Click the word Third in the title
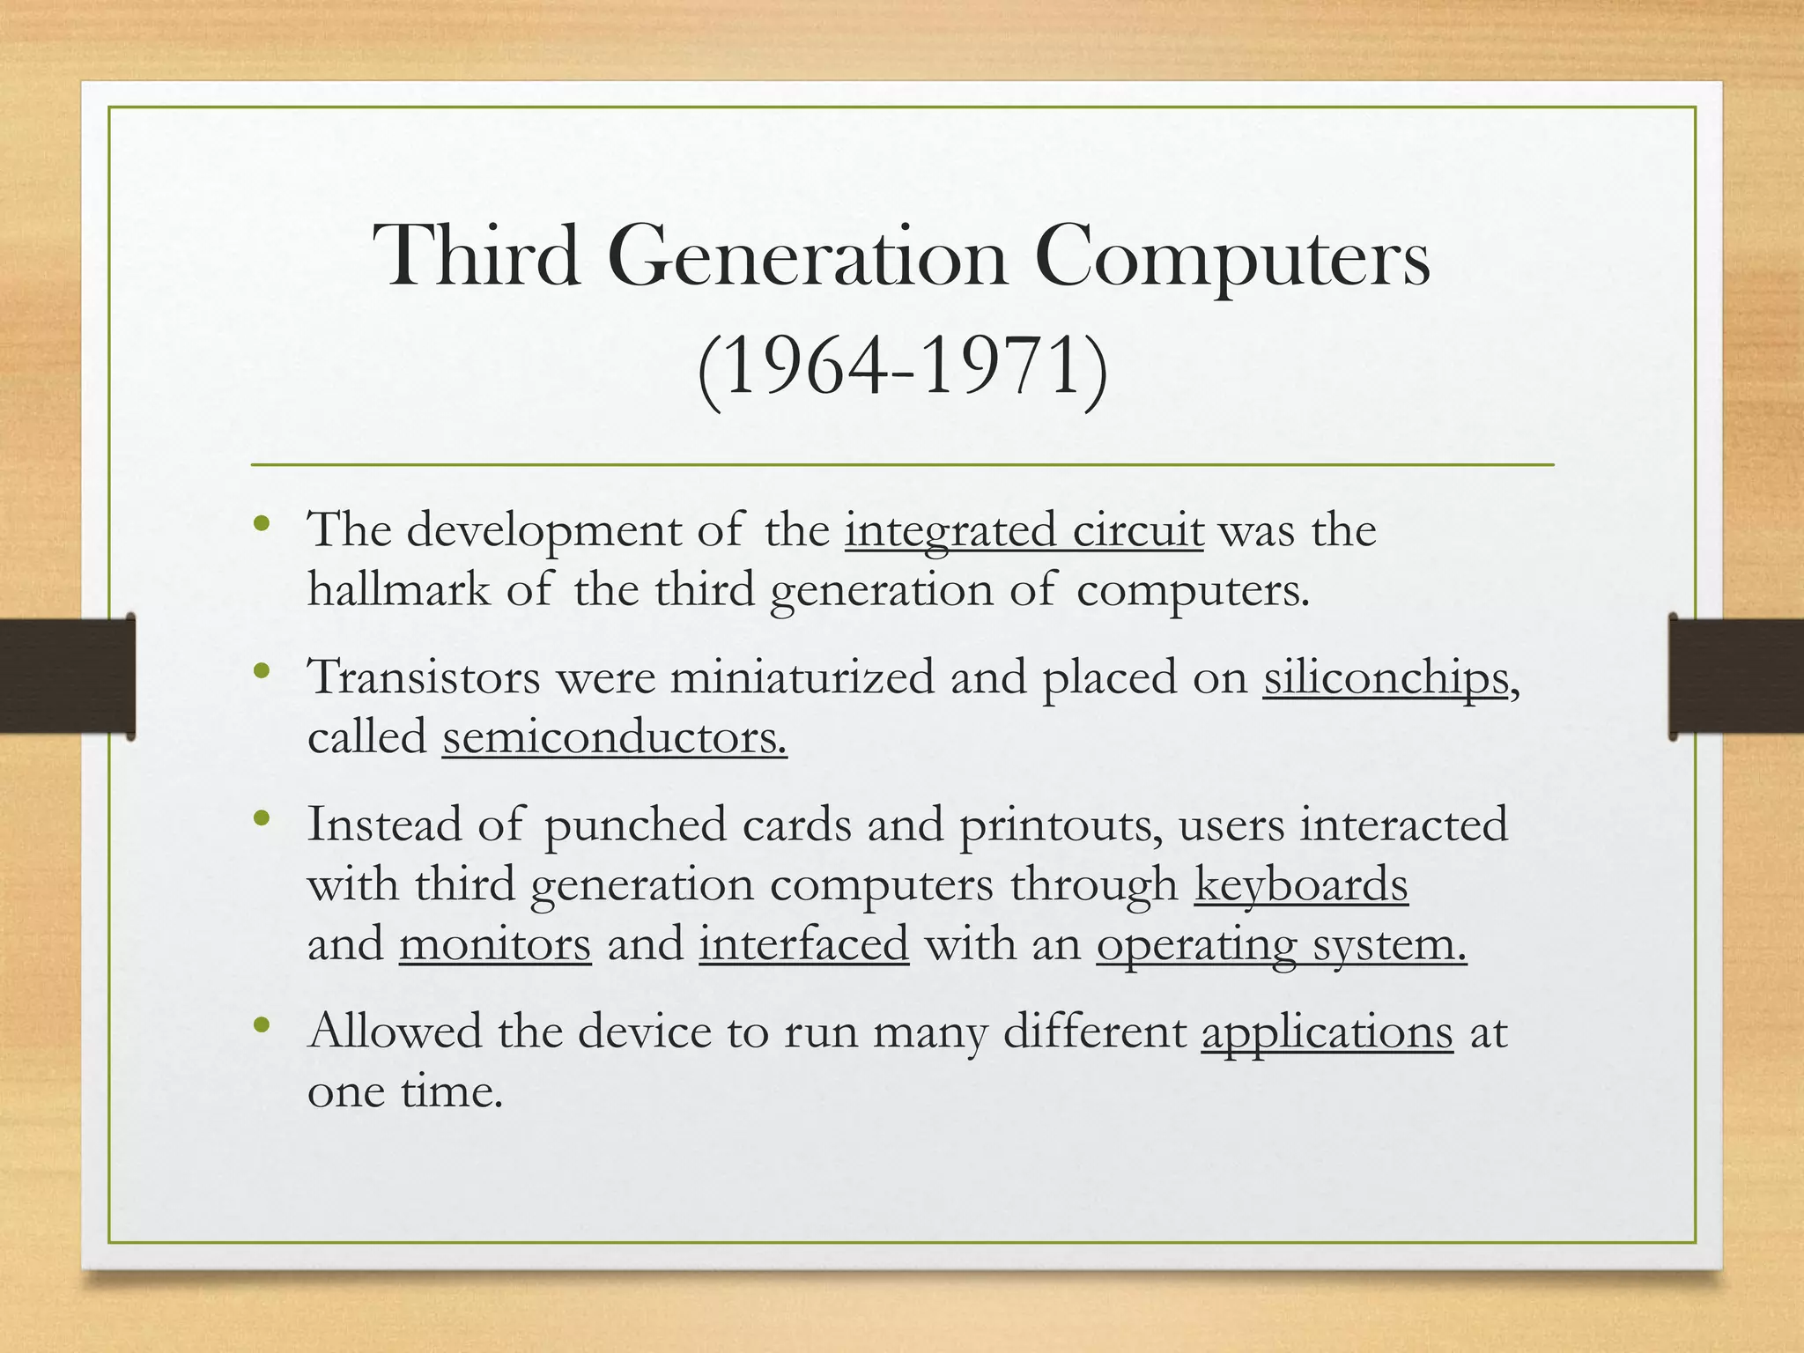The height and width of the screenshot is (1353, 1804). click(x=477, y=256)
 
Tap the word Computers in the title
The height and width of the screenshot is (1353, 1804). click(x=1232, y=256)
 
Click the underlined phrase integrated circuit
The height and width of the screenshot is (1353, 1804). click(x=1024, y=531)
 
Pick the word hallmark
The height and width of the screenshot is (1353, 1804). click(x=398, y=589)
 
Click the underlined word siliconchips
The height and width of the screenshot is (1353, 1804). click(x=1386, y=678)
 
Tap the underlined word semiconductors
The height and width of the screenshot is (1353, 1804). click(x=614, y=737)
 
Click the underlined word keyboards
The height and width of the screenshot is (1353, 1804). click(x=1301, y=884)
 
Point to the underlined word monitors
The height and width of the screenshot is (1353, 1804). click(x=495, y=943)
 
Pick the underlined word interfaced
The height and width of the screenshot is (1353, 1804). click(x=803, y=943)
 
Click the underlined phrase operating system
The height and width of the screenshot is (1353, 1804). click(x=1281, y=943)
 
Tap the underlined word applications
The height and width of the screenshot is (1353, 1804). click(x=1327, y=1031)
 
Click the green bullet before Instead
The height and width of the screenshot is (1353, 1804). click(x=261, y=819)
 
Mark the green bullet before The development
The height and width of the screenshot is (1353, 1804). click(x=261, y=525)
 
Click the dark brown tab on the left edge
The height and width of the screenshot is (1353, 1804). click(x=67, y=676)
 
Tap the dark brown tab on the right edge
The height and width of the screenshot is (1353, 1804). click(x=1736, y=676)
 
